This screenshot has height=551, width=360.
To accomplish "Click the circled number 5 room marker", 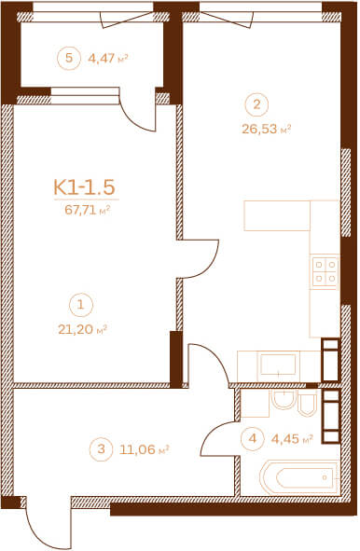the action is (69, 58).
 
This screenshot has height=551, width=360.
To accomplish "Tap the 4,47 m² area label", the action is (107, 58).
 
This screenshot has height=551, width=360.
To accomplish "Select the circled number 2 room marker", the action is (257, 104).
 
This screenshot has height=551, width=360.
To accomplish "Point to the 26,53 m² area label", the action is (266, 129).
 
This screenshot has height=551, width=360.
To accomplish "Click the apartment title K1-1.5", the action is (84, 186).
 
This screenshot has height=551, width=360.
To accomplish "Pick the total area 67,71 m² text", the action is (88, 210).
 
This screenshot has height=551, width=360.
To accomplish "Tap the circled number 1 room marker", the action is (81, 305).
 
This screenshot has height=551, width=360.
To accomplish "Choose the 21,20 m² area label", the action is (82, 330).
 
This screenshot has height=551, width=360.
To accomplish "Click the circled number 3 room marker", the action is (102, 449).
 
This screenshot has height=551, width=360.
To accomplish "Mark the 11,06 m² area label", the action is (145, 449).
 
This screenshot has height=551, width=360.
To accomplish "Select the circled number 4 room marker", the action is (253, 438).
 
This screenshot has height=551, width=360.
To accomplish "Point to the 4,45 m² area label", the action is (292, 439).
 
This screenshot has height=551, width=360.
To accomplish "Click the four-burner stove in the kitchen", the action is (325, 271).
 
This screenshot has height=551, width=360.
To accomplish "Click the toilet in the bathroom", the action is (307, 404).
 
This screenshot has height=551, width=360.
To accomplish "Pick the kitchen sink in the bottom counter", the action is (278, 365).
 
